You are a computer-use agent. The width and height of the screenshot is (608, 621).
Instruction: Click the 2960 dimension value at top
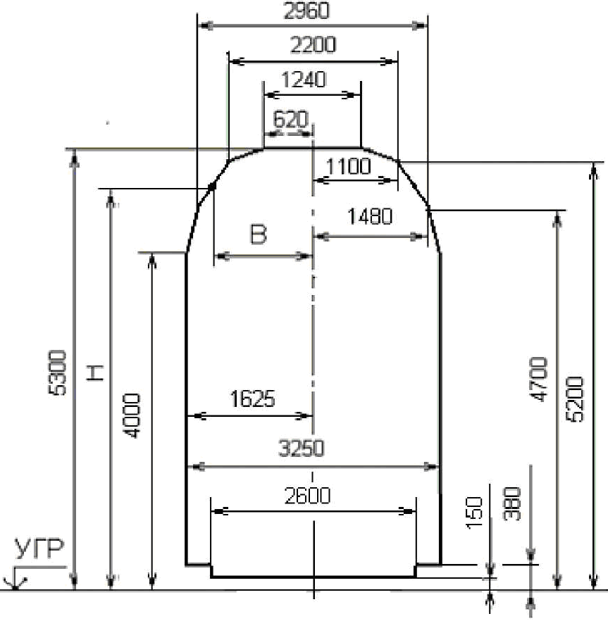click(306, 11)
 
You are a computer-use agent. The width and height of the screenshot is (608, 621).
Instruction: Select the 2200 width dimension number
click(313, 45)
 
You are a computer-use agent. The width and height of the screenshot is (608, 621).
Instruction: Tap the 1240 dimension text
click(304, 80)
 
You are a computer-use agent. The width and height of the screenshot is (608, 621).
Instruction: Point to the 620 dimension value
click(290, 119)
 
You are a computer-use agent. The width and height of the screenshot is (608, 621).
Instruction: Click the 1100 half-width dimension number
click(348, 166)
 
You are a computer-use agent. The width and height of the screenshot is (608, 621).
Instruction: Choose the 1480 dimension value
click(370, 216)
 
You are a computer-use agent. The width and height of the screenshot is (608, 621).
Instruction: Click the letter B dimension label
click(259, 234)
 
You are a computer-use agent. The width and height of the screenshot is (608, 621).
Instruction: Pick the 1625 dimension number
click(252, 399)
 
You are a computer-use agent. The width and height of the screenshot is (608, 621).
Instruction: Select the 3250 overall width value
click(302, 448)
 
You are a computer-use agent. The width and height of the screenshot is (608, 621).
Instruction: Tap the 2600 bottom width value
click(307, 496)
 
